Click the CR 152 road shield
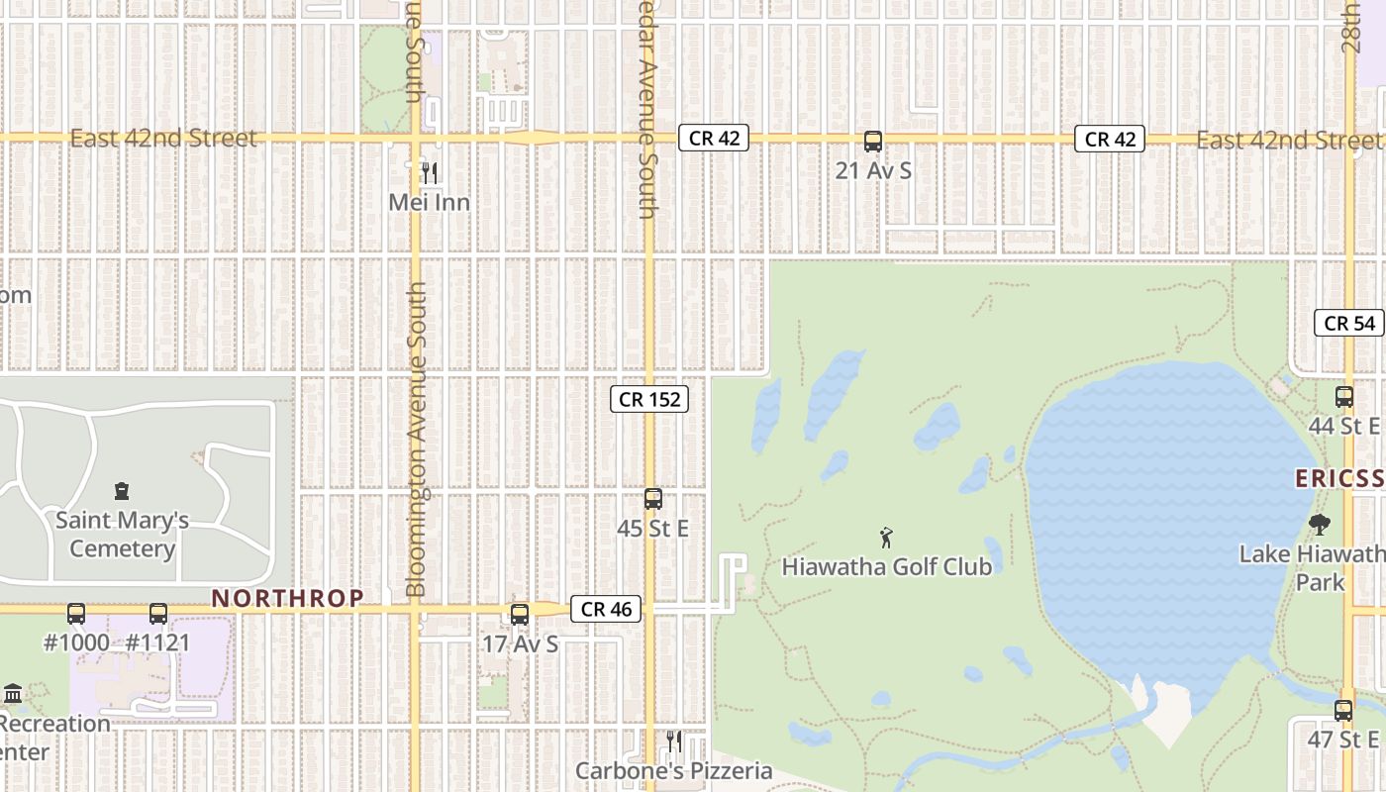(x=648, y=399)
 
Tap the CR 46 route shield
(x=606, y=610)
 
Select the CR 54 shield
(x=1349, y=323)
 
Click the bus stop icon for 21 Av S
(x=872, y=142)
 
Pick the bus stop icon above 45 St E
(x=652, y=499)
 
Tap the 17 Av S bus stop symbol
(x=520, y=614)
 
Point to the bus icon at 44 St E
(x=1343, y=397)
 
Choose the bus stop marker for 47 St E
(x=1342, y=710)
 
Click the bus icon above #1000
(x=76, y=614)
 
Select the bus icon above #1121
(x=158, y=614)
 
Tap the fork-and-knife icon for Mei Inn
(x=429, y=173)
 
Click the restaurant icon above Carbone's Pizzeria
(x=673, y=741)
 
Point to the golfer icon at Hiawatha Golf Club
(x=886, y=538)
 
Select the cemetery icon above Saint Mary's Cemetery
(x=122, y=490)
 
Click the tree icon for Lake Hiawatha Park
(x=1319, y=524)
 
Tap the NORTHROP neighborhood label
(x=287, y=598)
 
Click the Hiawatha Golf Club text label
(x=886, y=567)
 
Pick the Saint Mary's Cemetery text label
(x=122, y=535)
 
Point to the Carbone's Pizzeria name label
(x=674, y=770)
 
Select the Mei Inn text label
(x=429, y=202)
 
